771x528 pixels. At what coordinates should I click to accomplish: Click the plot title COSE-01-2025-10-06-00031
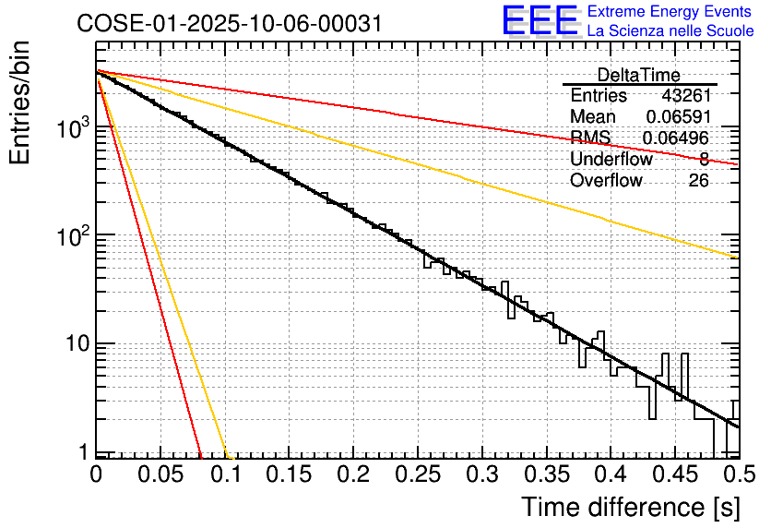230,24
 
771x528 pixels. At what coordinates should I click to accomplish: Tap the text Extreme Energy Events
670,12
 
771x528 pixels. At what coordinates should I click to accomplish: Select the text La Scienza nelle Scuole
670,30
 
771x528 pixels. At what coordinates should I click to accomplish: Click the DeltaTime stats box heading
638,75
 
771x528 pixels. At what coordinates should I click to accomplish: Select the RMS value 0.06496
677,138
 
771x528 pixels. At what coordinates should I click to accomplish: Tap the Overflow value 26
698,181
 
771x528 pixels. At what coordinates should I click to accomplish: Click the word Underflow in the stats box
611,160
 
